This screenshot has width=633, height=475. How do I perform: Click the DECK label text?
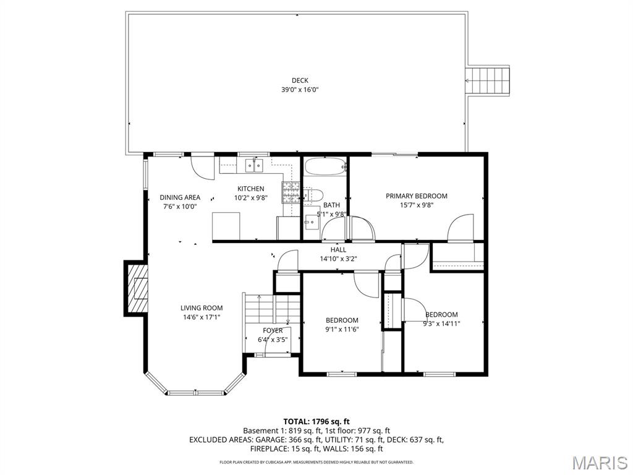tap(300, 80)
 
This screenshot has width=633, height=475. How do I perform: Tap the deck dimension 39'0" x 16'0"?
tap(300, 90)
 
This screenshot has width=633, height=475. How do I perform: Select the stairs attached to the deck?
tap(488, 79)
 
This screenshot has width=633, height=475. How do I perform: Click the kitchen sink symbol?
tap(253, 165)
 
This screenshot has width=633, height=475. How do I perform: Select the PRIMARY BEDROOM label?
tap(416, 196)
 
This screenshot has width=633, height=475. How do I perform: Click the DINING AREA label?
tap(180, 197)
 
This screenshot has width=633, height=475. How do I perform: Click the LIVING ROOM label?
tap(202, 308)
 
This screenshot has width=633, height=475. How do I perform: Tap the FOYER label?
tap(273, 330)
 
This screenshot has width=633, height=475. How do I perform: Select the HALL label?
tap(338, 250)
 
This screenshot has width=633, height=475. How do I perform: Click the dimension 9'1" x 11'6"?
tap(342, 329)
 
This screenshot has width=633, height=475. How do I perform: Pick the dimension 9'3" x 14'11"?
tap(441, 323)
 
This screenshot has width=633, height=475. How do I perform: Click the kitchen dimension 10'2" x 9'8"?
tap(250, 198)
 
